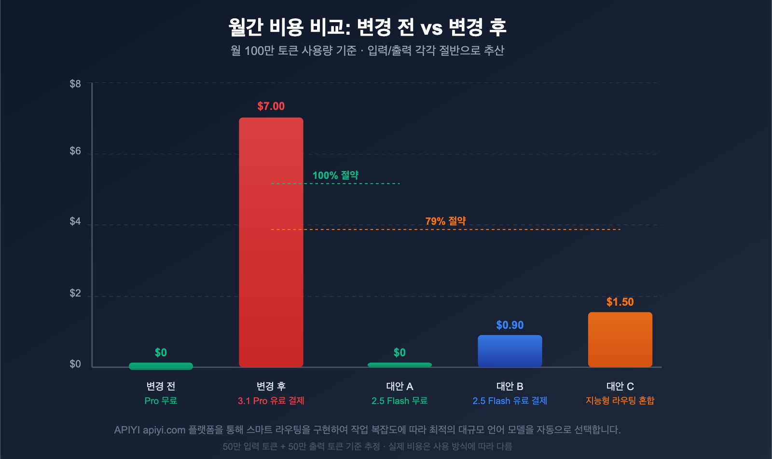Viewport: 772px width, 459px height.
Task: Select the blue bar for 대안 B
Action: [510, 351]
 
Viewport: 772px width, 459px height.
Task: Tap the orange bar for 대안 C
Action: [620, 339]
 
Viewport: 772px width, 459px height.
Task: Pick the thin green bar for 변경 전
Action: [161, 366]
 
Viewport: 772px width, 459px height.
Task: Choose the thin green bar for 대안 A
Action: [400, 365]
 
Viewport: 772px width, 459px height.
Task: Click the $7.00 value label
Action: [271, 106]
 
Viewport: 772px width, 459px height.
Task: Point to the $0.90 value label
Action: [510, 325]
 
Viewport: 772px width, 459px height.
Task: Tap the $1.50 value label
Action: [620, 302]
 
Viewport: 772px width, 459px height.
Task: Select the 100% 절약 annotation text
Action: [335, 175]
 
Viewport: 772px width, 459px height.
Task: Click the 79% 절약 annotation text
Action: [445, 221]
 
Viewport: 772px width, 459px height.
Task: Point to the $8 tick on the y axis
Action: [75, 84]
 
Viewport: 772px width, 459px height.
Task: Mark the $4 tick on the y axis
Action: [75, 221]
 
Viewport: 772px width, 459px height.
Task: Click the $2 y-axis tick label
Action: [75, 293]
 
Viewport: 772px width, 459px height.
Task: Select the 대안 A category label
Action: [400, 386]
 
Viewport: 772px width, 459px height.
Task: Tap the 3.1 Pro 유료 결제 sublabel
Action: [271, 401]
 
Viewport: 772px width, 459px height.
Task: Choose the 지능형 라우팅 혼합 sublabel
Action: [620, 401]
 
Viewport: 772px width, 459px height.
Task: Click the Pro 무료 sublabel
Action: [161, 401]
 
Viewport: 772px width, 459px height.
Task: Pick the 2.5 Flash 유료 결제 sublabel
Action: [510, 401]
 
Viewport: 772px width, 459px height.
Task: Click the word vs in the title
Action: [431, 28]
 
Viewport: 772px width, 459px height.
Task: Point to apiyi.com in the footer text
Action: [164, 430]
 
